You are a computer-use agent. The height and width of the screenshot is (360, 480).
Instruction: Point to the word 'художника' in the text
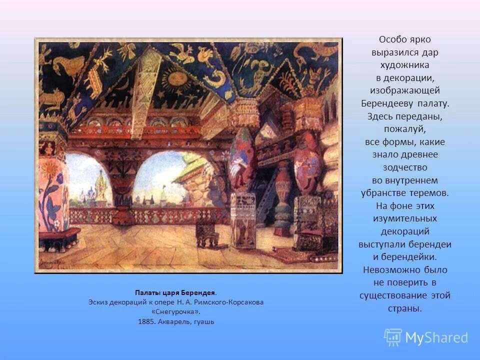(x=405, y=65)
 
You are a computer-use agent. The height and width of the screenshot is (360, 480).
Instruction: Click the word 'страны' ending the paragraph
(x=405, y=309)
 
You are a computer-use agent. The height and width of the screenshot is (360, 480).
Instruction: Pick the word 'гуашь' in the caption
(x=205, y=321)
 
